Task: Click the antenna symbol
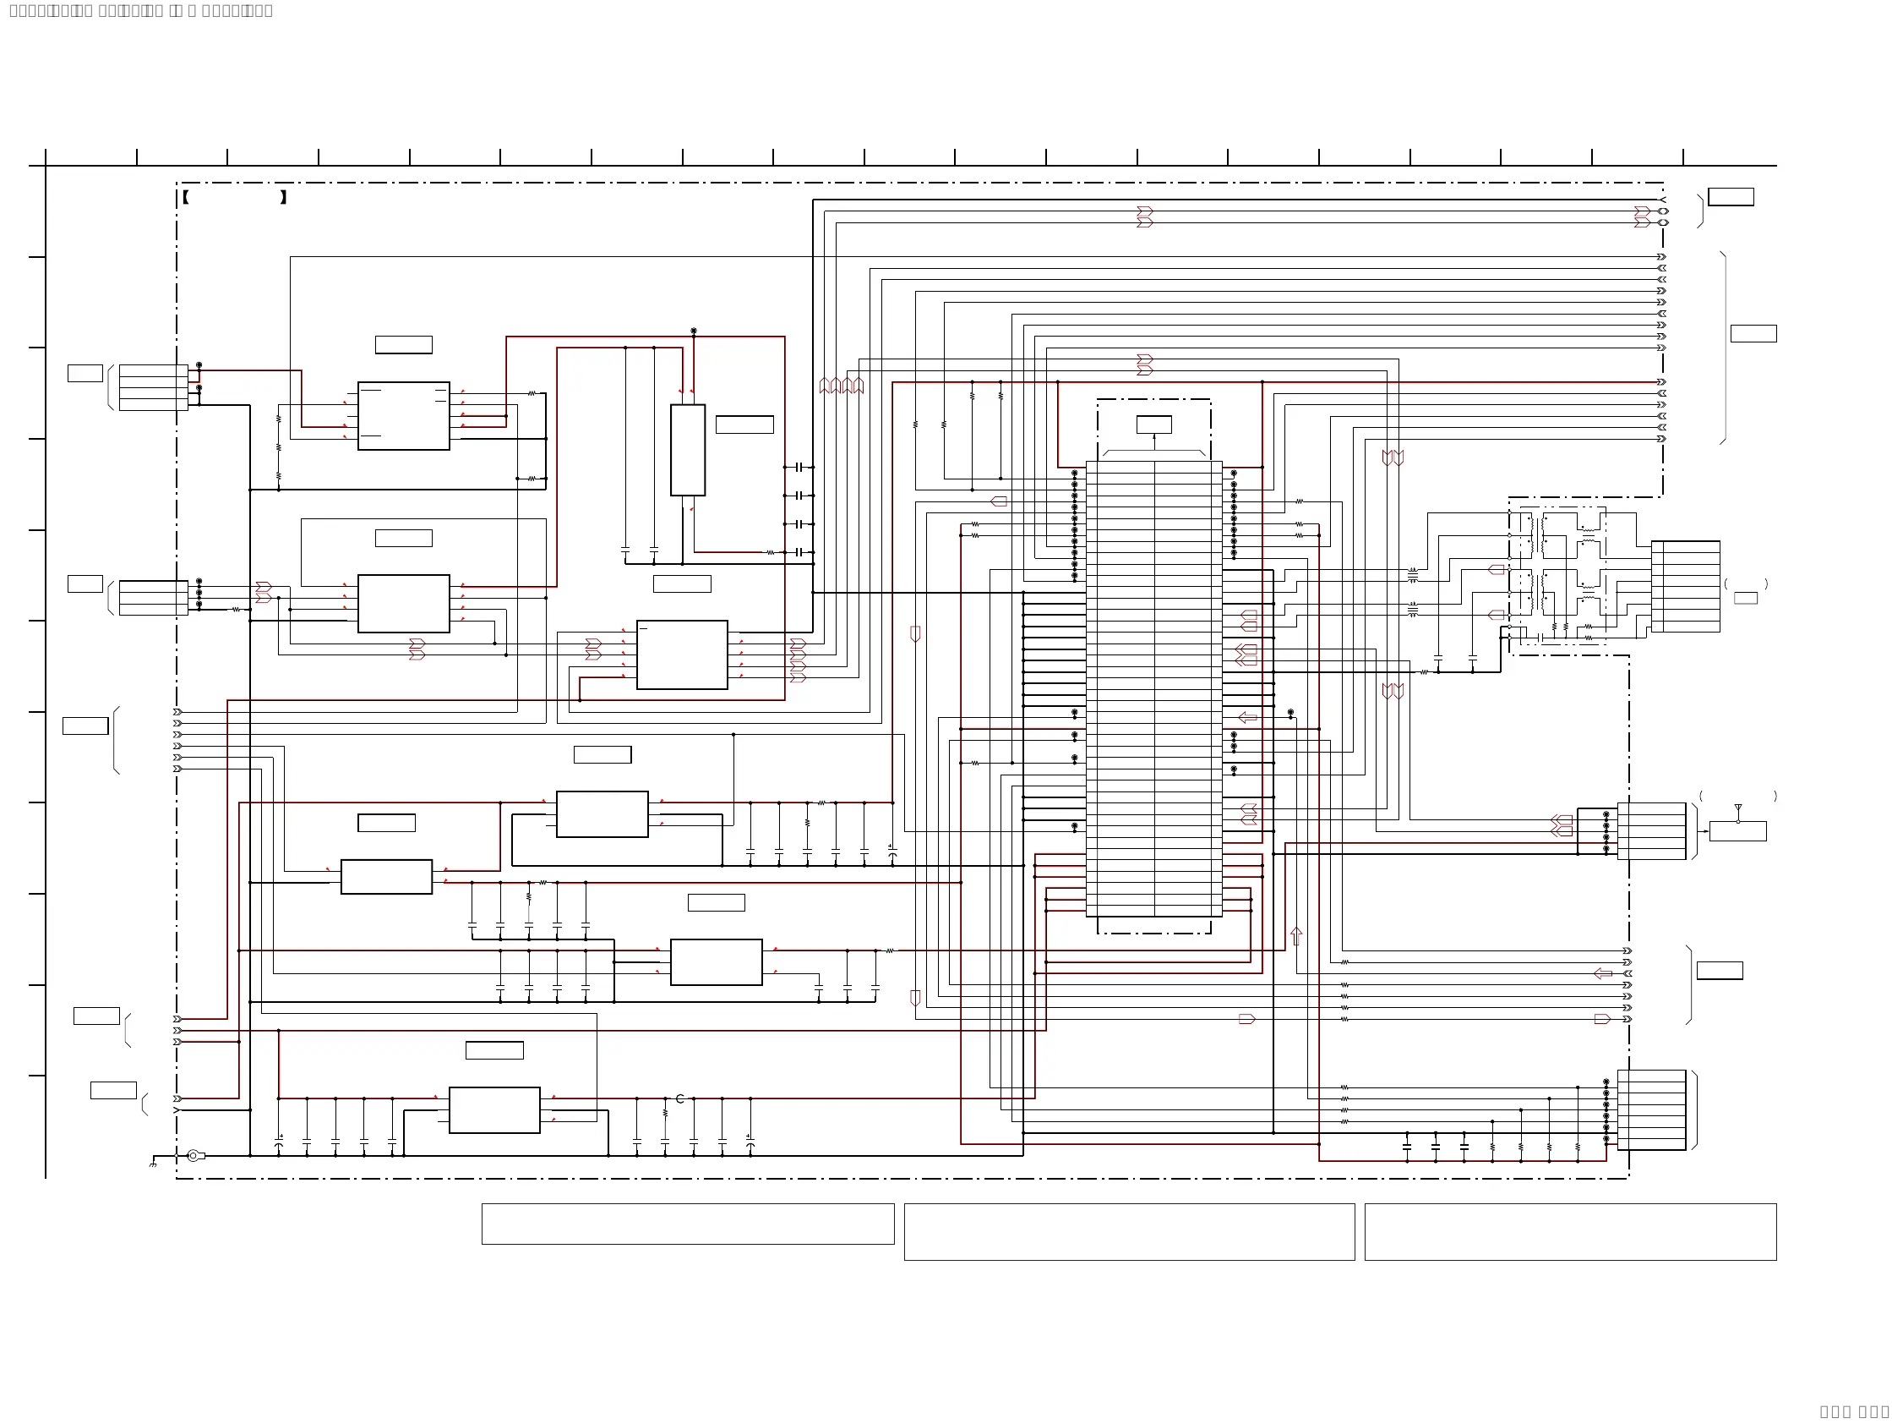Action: tap(1737, 808)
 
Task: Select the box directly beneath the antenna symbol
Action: tap(1737, 831)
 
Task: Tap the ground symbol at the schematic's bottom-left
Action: tap(153, 1164)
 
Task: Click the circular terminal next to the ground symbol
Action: tap(194, 1156)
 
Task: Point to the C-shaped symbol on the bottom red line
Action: tap(680, 1098)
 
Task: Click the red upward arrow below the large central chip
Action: tap(1295, 936)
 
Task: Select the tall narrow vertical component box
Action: tap(688, 450)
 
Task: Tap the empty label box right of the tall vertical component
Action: tap(744, 424)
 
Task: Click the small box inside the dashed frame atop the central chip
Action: tap(1153, 424)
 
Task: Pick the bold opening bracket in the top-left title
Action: tap(186, 198)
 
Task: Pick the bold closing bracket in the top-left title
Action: tap(283, 198)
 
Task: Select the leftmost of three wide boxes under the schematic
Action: tap(688, 1224)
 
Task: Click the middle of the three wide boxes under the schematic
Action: tap(1129, 1231)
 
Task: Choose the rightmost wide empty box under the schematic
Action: tap(1570, 1231)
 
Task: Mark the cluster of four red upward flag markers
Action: tap(842, 386)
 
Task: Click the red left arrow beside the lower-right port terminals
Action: tap(1603, 974)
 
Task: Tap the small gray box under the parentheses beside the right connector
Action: tap(1746, 598)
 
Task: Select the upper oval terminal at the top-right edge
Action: tap(1663, 211)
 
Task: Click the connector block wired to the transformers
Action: tap(1685, 586)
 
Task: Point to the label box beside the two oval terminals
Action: tap(1731, 197)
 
